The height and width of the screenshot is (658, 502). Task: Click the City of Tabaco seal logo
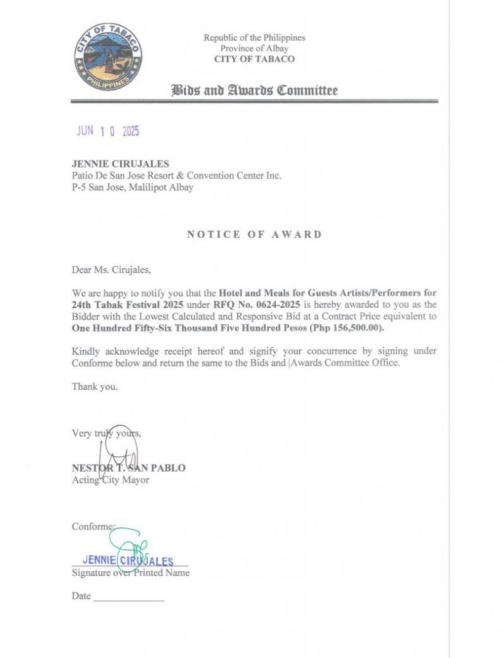point(108,57)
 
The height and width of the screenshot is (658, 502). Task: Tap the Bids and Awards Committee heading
point(254,90)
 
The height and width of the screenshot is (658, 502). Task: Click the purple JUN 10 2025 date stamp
point(108,131)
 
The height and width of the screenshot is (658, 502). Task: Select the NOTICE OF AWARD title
point(255,235)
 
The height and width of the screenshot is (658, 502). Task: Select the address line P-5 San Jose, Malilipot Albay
point(132,188)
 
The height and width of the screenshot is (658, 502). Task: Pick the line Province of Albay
point(255,48)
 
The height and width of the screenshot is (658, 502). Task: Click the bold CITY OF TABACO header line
point(255,59)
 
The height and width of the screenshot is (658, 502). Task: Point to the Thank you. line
point(94,387)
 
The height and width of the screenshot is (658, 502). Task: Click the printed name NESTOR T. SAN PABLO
point(129,468)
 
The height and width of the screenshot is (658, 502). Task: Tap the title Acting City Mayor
point(110,479)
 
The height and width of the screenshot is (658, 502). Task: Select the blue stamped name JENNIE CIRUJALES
point(129,561)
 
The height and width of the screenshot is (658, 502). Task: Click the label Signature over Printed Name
point(130,573)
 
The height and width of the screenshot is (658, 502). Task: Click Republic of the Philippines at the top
point(255,38)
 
